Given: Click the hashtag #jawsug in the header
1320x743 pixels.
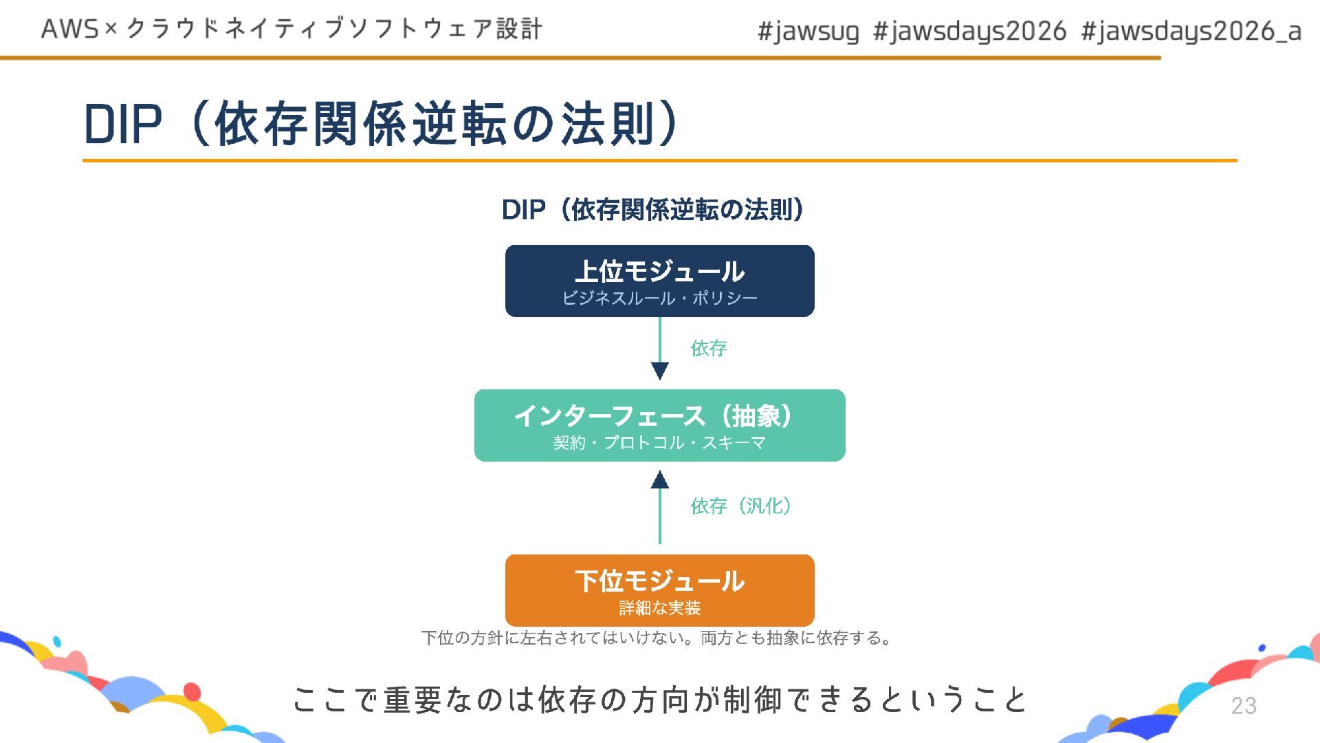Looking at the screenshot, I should click(x=808, y=32).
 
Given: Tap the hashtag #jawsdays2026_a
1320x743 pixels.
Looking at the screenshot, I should click(x=1191, y=32).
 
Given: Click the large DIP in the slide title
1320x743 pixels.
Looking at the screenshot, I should click(x=123, y=125).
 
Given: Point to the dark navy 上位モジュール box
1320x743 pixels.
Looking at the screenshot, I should click(x=659, y=281).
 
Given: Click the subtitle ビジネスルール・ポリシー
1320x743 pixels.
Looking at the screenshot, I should click(x=659, y=298).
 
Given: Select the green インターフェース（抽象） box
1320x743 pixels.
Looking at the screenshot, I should click(x=659, y=425).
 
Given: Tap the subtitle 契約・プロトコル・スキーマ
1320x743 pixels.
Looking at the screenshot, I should click(x=659, y=442).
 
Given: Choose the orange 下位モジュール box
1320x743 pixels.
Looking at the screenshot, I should click(x=659, y=590).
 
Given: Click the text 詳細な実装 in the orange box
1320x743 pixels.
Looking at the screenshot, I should click(x=659, y=607).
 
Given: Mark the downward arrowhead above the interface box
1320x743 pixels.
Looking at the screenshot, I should click(x=659, y=371).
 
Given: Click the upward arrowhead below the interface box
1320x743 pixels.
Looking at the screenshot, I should click(x=659, y=480).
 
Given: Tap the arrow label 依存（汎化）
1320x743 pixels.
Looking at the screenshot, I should click(x=741, y=506).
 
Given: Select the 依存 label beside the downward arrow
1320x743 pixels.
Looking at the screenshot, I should click(x=709, y=348).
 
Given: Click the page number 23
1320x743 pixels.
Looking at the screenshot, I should click(x=1244, y=705).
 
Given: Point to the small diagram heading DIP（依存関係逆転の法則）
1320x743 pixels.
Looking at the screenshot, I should click(x=652, y=210).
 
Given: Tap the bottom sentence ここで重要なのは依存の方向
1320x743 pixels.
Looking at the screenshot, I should click(x=659, y=700).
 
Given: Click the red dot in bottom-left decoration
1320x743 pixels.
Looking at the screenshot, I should click(x=192, y=691).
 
